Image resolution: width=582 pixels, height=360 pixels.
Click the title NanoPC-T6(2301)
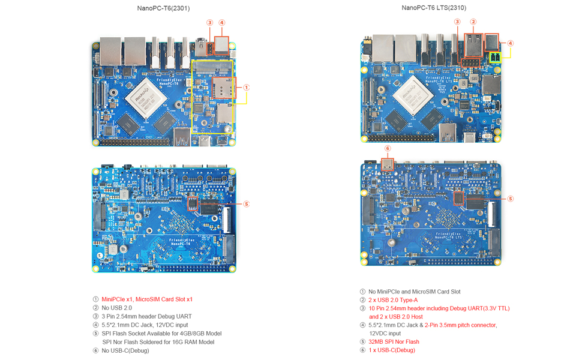pos(163,8)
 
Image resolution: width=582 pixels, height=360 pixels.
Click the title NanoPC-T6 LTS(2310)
pos(434,8)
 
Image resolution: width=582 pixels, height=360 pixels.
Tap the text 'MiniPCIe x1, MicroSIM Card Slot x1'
pos(147,299)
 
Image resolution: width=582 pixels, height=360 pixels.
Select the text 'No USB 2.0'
pos(116,308)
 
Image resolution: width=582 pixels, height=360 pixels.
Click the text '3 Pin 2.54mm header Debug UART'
pos(146,316)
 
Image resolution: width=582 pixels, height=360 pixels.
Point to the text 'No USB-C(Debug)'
pos(125,350)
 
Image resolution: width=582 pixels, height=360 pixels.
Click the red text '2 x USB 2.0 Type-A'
pos(393,300)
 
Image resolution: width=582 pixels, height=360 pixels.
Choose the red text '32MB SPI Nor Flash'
pos(394,342)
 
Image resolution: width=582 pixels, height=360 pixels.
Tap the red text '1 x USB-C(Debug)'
pos(392,350)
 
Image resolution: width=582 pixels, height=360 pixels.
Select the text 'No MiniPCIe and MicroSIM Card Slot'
pos(414,292)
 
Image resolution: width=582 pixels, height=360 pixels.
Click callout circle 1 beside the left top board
pos(247,88)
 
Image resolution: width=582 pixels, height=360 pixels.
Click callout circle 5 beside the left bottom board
pos(247,204)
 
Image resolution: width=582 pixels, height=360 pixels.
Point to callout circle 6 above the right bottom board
pos(388,148)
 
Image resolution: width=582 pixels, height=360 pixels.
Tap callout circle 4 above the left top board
pos(222,23)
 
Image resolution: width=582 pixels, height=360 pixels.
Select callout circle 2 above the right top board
pos(473,22)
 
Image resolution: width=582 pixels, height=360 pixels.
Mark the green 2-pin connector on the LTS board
pos(496,58)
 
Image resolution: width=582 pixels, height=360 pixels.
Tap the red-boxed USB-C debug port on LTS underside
pos(388,164)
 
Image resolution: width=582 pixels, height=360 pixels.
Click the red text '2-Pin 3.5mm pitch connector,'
pos(461,325)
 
